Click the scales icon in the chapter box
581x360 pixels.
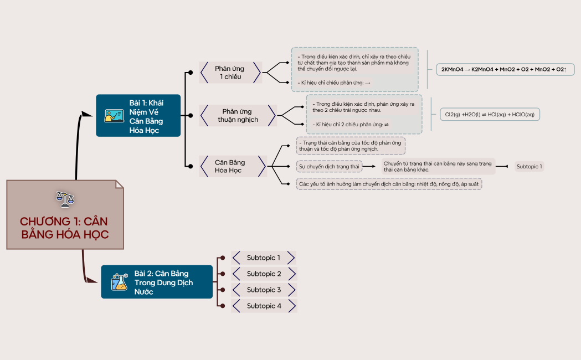point(65,199)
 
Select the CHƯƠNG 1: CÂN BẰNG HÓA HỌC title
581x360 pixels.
point(65,228)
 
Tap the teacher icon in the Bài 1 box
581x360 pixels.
point(114,116)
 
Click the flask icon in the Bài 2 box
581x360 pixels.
point(119,282)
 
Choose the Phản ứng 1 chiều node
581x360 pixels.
point(230,73)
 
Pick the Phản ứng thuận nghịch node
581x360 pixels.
point(238,115)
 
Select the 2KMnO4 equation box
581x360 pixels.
point(503,69)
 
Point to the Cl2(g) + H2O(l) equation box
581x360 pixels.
point(490,114)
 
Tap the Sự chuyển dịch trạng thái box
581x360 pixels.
point(329,166)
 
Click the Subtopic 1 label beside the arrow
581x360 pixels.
point(529,166)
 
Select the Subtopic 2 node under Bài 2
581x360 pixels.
point(264,274)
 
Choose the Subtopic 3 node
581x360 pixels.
point(264,290)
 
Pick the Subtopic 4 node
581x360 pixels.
point(264,306)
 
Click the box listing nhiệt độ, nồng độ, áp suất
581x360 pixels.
point(389,183)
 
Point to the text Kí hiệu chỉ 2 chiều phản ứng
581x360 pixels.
point(350,125)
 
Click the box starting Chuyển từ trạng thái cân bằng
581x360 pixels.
point(438,166)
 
